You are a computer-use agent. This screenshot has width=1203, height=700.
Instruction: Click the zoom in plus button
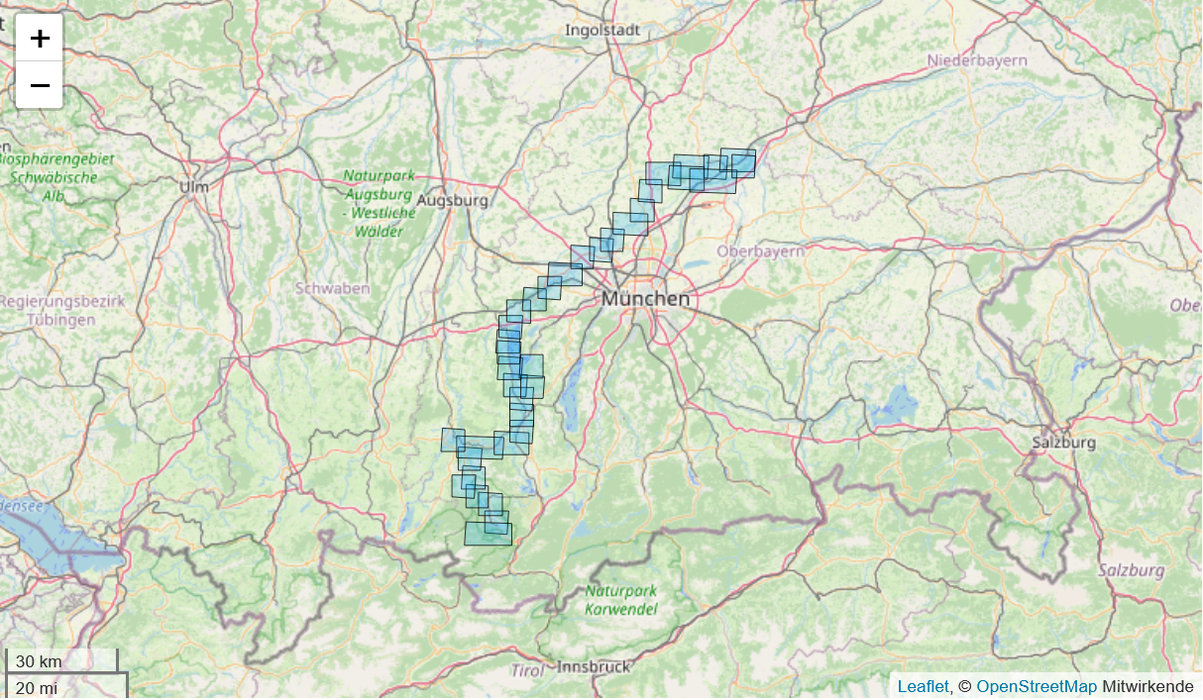tap(40, 39)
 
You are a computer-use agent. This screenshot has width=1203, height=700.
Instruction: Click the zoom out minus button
tap(40, 85)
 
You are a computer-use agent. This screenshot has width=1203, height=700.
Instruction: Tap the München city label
tap(645, 298)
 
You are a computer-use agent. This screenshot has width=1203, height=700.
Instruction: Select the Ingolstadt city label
tap(601, 30)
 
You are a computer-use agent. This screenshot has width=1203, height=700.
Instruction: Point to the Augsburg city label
tap(453, 200)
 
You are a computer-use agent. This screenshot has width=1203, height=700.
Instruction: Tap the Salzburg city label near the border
tap(1063, 443)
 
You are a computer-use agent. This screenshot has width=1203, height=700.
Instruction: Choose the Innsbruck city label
tap(594, 666)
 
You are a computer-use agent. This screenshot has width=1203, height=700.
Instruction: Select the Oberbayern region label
tap(760, 251)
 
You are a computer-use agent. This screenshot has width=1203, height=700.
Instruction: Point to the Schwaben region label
tap(332, 288)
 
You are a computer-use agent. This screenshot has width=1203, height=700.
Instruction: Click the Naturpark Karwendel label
tap(621, 600)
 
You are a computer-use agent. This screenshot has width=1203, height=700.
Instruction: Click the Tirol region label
tap(527, 670)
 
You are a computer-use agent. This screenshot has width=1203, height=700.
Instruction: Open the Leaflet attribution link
tap(923, 686)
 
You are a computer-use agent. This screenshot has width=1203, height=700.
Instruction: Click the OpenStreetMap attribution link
tap(1037, 686)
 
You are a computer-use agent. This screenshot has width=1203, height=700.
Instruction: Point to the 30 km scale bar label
tap(39, 661)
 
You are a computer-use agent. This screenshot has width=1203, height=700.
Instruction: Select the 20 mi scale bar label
tap(37, 687)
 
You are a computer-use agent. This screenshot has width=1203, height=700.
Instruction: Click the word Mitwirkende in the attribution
tap(1148, 686)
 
